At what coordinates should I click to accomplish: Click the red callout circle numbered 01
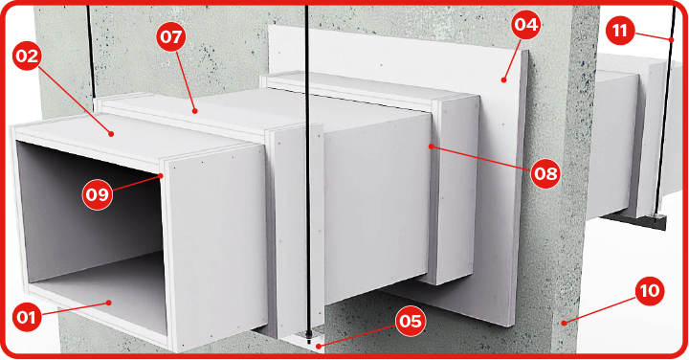point(27,317)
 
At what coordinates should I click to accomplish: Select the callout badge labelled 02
point(28,56)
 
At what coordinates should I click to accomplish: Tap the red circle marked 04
point(526,24)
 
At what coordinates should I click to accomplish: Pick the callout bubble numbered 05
point(411,322)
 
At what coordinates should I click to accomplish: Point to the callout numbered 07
point(171,36)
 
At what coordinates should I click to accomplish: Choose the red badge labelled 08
point(545,173)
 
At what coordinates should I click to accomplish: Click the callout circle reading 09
point(97,193)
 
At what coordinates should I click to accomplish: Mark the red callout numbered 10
point(650,290)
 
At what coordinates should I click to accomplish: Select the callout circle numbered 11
point(620,31)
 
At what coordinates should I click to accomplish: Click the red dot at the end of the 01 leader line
point(109,303)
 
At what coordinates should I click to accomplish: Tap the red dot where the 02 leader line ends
point(112,134)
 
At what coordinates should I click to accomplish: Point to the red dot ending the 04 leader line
point(503,80)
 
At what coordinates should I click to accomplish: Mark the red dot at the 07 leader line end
point(195,112)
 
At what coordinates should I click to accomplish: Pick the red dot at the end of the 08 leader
point(432,146)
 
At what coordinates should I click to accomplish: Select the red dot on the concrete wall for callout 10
point(564,324)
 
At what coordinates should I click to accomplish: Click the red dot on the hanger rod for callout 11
point(672,40)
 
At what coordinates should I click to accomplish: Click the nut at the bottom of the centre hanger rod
point(309,339)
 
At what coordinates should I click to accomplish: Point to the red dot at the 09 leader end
point(162,176)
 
